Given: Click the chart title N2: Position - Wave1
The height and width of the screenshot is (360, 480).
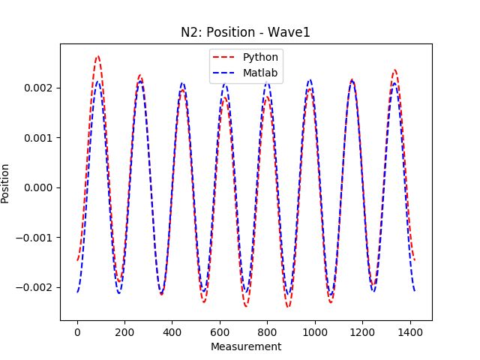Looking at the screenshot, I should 246,33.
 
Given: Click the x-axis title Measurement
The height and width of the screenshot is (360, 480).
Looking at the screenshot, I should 246,347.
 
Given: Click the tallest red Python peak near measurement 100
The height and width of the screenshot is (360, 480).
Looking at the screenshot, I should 97,56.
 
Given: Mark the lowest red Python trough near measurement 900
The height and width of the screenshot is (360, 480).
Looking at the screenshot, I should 288,307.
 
